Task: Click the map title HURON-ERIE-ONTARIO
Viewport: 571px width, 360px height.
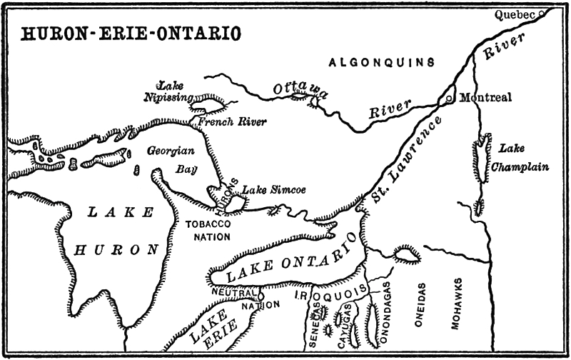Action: click(131, 34)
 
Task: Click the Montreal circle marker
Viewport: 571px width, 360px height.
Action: click(448, 99)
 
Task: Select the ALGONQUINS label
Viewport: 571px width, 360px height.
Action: click(382, 63)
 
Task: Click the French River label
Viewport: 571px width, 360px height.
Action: click(232, 122)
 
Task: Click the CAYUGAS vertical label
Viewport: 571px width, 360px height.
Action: click(347, 323)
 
